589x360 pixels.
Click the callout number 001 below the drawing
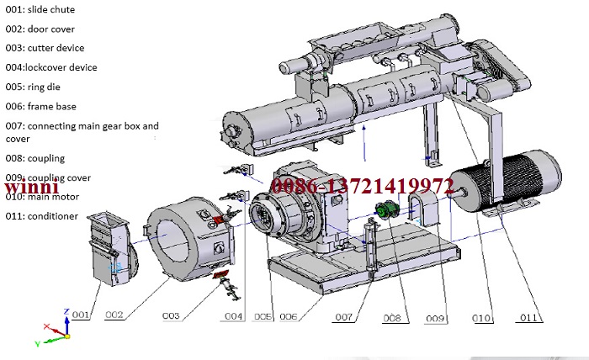pyautogui.click(x=81, y=315)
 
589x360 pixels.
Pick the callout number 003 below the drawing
pyautogui.click(x=171, y=316)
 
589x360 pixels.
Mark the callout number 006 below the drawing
pyautogui.click(x=288, y=317)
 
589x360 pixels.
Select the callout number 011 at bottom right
pyautogui.click(x=528, y=317)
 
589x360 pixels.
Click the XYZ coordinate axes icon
pyautogui.click(x=56, y=330)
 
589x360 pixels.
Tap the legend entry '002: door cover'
pyautogui.click(x=40, y=29)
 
